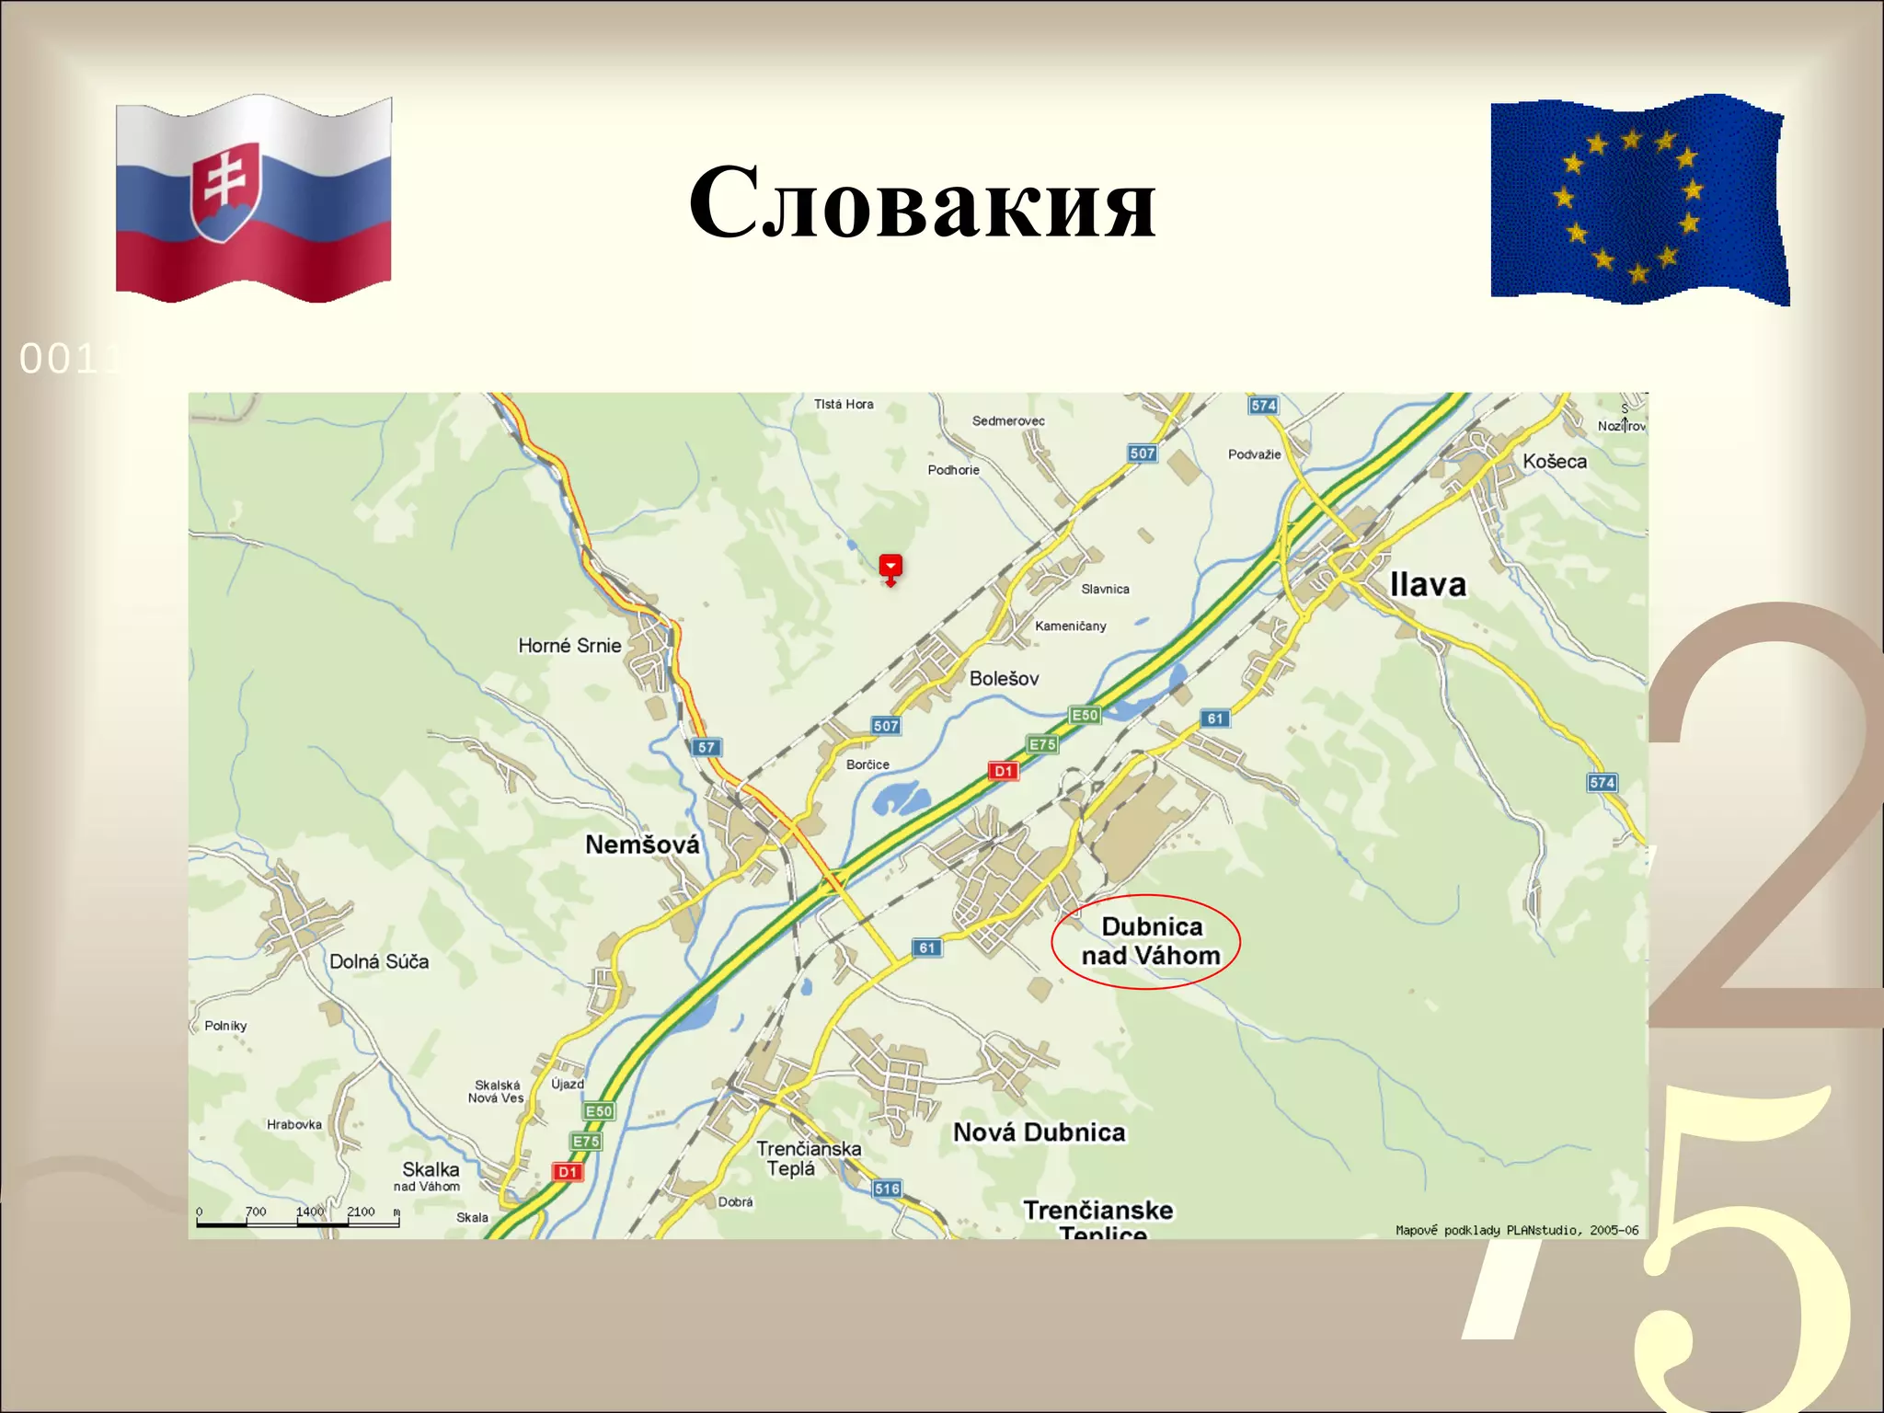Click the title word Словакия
(922, 202)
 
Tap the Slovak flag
(254, 199)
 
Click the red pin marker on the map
(890, 568)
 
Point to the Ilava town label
(1427, 585)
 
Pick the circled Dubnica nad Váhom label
(1150, 941)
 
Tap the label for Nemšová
(642, 844)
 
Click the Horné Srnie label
(569, 646)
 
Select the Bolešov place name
(1004, 679)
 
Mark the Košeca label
(1554, 462)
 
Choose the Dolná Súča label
(379, 961)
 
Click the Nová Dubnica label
(1039, 1132)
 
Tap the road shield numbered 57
(706, 747)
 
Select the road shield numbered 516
(887, 1189)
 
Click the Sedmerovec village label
(1008, 421)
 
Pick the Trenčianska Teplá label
(808, 1158)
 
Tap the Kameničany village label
(1070, 626)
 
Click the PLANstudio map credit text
(1516, 1230)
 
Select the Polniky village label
(225, 1026)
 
